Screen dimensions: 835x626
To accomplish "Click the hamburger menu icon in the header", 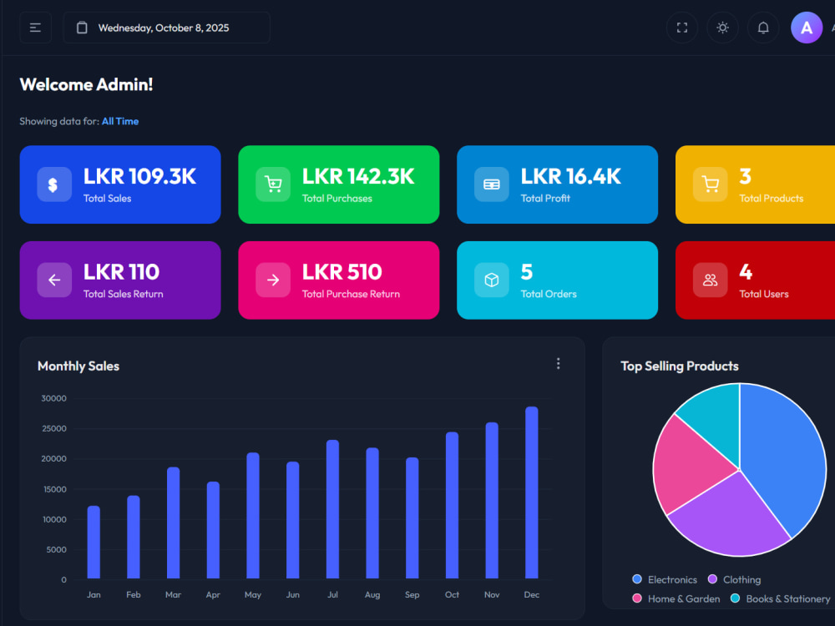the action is (35, 28).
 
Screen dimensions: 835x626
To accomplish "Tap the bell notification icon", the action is (763, 28).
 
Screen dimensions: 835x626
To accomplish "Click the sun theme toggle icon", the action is (722, 28).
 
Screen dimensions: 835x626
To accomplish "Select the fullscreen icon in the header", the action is (682, 28).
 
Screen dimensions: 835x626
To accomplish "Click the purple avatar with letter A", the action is (807, 28).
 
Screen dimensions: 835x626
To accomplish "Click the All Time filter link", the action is (120, 121).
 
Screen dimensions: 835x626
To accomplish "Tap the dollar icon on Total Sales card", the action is (54, 184).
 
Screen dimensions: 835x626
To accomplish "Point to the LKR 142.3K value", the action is (358, 176).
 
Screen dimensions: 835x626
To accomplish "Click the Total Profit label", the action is (545, 199).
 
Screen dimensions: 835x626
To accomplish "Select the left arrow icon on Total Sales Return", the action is (54, 280).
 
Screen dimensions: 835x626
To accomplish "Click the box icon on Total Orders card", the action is (492, 280).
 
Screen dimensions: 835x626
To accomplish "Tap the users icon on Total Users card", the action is (711, 280).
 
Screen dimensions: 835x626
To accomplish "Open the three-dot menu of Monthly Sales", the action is (558, 364).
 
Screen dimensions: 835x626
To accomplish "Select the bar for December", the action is (531, 492).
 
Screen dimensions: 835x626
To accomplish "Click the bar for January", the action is (94, 542).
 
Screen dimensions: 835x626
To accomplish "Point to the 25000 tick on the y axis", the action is (53, 428).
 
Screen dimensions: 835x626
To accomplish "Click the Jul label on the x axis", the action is (332, 594).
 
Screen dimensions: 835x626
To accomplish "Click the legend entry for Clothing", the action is (734, 580).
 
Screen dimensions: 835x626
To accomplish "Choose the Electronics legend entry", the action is (665, 580).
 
